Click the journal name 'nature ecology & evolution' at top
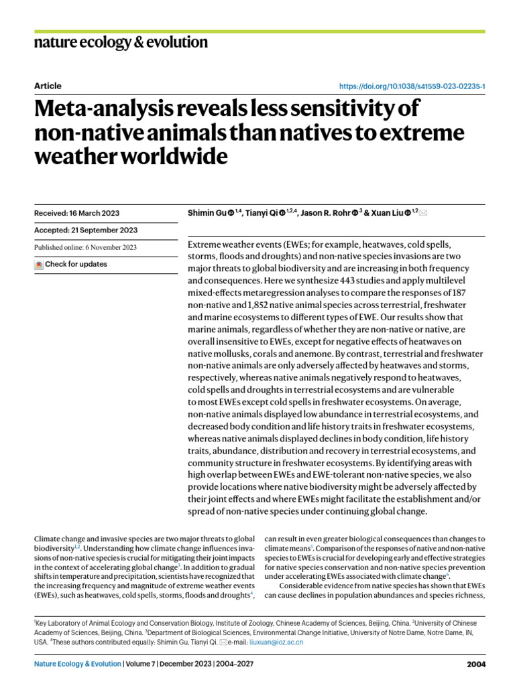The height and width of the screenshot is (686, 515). pyautogui.click(x=121, y=43)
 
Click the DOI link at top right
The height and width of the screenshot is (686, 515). pyautogui.click(x=413, y=86)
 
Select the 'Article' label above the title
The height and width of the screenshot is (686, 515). pyautogui.click(x=48, y=86)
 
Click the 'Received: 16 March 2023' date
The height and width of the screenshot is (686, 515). pyautogui.click(x=76, y=213)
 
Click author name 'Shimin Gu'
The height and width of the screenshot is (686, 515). pyautogui.click(x=207, y=213)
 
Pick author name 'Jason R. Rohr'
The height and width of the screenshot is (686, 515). pyautogui.click(x=324, y=213)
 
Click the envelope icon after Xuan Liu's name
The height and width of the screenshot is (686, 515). pyautogui.click(x=423, y=213)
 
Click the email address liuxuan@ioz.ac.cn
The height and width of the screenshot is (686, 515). pyautogui.click(x=276, y=642)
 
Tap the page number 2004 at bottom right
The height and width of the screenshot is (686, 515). pyautogui.click(x=475, y=665)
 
